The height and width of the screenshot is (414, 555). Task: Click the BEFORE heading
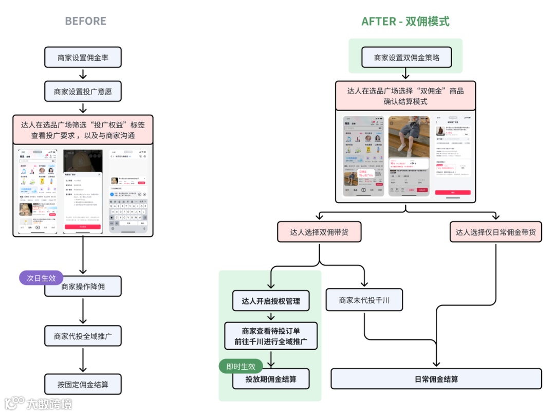pyautogui.click(x=85, y=21)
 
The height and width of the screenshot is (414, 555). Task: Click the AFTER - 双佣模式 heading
pyautogui.click(x=405, y=21)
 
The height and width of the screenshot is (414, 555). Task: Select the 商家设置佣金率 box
pyautogui.click(x=83, y=58)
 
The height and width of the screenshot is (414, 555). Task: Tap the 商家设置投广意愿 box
pyautogui.click(x=83, y=92)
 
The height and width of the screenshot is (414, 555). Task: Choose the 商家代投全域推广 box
pyautogui.click(x=83, y=336)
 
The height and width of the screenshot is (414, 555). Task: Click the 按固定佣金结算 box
pyautogui.click(x=83, y=384)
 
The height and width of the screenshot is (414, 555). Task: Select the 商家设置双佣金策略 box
pyautogui.click(x=406, y=58)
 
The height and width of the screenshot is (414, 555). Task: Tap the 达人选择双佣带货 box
pyautogui.click(x=319, y=232)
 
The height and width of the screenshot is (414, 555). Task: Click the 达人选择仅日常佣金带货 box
pyautogui.click(x=495, y=232)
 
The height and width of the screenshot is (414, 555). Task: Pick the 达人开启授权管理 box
pyautogui.click(x=270, y=301)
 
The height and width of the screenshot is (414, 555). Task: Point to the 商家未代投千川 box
pyautogui.click(x=364, y=300)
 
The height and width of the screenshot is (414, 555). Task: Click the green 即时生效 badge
pyautogui.click(x=240, y=366)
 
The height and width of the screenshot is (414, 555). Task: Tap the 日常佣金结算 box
pyautogui.click(x=436, y=379)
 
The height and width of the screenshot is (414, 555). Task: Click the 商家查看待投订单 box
pyautogui.click(x=270, y=336)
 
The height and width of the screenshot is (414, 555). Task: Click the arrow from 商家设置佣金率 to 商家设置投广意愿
pyautogui.click(x=83, y=75)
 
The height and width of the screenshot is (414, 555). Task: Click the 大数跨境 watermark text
pyautogui.click(x=49, y=404)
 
